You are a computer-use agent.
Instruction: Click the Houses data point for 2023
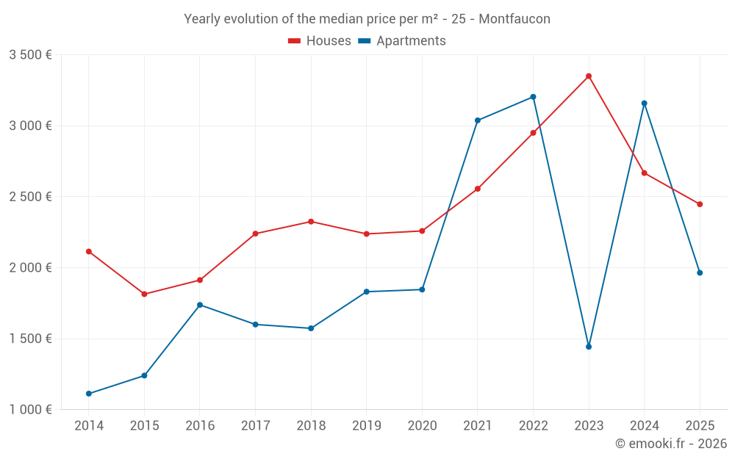click(x=589, y=76)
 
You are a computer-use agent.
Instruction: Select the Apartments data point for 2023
click(x=589, y=347)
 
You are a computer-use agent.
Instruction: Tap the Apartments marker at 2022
click(x=534, y=97)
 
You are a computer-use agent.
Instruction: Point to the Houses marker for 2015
click(x=144, y=294)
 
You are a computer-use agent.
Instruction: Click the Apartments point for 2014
click(x=89, y=394)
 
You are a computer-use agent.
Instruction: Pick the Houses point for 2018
click(x=311, y=222)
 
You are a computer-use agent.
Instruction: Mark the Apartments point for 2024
click(x=645, y=104)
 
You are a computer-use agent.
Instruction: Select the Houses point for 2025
click(x=700, y=204)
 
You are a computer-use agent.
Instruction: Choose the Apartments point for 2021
click(x=478, y=120)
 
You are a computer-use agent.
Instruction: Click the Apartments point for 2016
click(x=200, y=305)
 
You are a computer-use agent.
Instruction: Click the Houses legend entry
click(x=320, y=41)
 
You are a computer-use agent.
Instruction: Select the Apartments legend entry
click(x=403, y=41)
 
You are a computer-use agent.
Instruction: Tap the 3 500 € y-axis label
click(x=30, y=55)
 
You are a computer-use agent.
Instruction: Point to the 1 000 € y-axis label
click(x=30, y=410)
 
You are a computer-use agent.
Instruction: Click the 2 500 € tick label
click(x=30, y=197)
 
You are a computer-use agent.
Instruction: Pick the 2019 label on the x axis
click(x=367, y=426)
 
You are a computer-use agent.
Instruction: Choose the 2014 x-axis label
click(x=89, y=426)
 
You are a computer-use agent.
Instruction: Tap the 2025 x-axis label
click(x=700, y=426)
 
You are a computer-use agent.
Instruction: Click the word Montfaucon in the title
click(x=514, y=19)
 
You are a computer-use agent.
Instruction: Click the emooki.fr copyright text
click(x=670, y=444)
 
